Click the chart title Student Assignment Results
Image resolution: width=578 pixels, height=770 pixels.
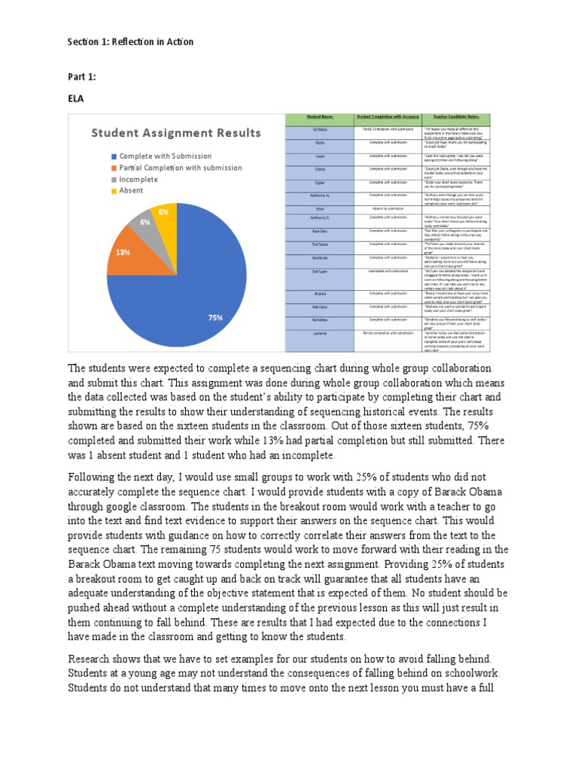coord(176,133)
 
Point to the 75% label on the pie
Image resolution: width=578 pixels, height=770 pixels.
coord(216,318)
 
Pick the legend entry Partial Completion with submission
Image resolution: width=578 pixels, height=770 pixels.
coord(170,168)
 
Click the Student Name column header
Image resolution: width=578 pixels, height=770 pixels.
coord(319,118)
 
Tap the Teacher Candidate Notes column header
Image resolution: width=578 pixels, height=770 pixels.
coord(456,118)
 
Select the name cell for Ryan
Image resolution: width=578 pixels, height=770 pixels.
coord(319,142)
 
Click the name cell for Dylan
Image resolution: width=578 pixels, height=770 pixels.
coord(319,182)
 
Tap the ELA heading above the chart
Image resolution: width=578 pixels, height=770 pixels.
coord(78,98)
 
